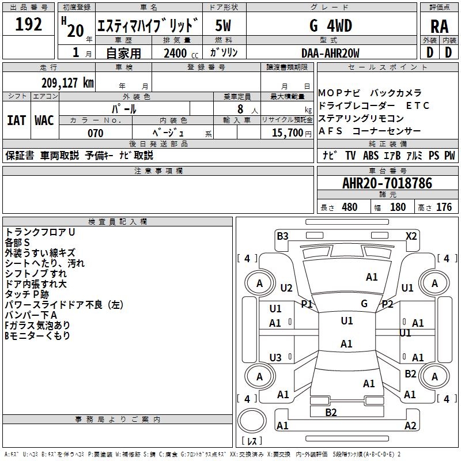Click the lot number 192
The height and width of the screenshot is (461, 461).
tap(28, 24)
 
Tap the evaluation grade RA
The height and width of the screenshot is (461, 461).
tap(440, 27)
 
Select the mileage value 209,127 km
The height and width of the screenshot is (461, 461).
tap(67, 83)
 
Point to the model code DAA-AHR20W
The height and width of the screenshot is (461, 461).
tap(330, 53)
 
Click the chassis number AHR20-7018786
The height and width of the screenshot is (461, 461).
tap(387, 183)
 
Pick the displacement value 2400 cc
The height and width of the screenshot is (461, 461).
tap(181, 53)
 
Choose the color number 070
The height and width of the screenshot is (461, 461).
tap(96, 133)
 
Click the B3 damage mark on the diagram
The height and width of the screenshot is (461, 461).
tap(282, 236)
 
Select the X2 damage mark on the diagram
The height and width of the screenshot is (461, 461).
tap(411, 236)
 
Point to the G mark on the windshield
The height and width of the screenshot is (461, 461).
tap(364, 304)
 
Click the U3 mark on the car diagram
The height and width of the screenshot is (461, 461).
tap(275, 357)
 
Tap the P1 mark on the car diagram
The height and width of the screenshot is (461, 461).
tap(307, 304)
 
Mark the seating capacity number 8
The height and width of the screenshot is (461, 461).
tap(240, 109)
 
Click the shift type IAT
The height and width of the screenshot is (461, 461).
tap(16, 120)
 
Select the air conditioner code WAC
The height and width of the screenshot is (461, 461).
tap(44, 120)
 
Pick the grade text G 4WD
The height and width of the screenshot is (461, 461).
tap(331, 25)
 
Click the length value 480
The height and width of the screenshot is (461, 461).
tap(350, 207)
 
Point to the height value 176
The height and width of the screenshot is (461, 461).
tap(444, 207)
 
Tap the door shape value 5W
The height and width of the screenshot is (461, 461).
tap(223, 25)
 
